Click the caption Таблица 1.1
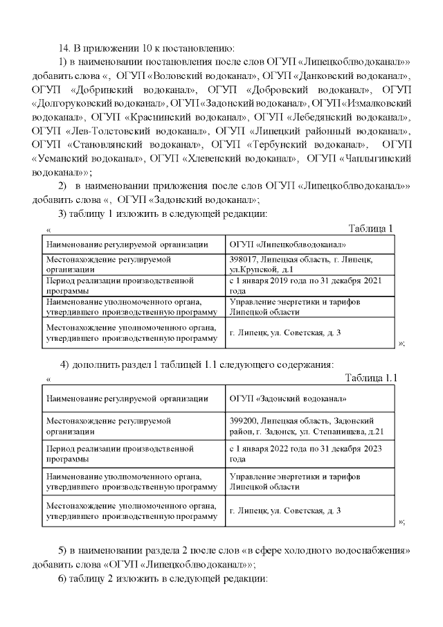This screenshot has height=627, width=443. [371, 378]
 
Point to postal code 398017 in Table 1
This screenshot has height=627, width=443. [242, 258]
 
